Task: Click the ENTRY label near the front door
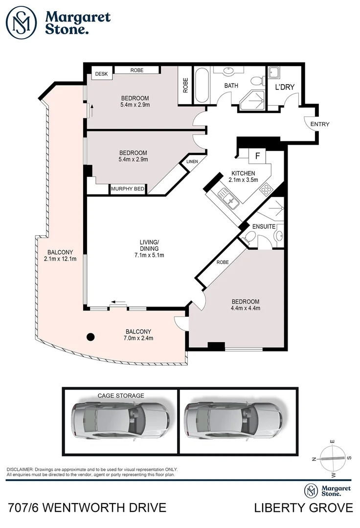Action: click(320, 124)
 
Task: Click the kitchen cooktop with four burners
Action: click(267, 188)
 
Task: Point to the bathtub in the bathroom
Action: click(201, 86)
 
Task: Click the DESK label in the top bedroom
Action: click(101, 74)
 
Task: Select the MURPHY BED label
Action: click(128, 189)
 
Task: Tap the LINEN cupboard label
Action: click(191, 162)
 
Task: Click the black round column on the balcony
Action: click(90, 336)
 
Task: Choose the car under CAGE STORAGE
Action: click(120, 420)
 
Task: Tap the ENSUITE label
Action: click(264, 226)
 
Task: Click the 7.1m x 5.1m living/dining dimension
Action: click(150, 255)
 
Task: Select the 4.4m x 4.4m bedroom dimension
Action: click(245, 308)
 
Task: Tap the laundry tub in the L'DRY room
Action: click(274, 73)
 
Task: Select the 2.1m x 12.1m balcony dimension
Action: click(60, 259)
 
